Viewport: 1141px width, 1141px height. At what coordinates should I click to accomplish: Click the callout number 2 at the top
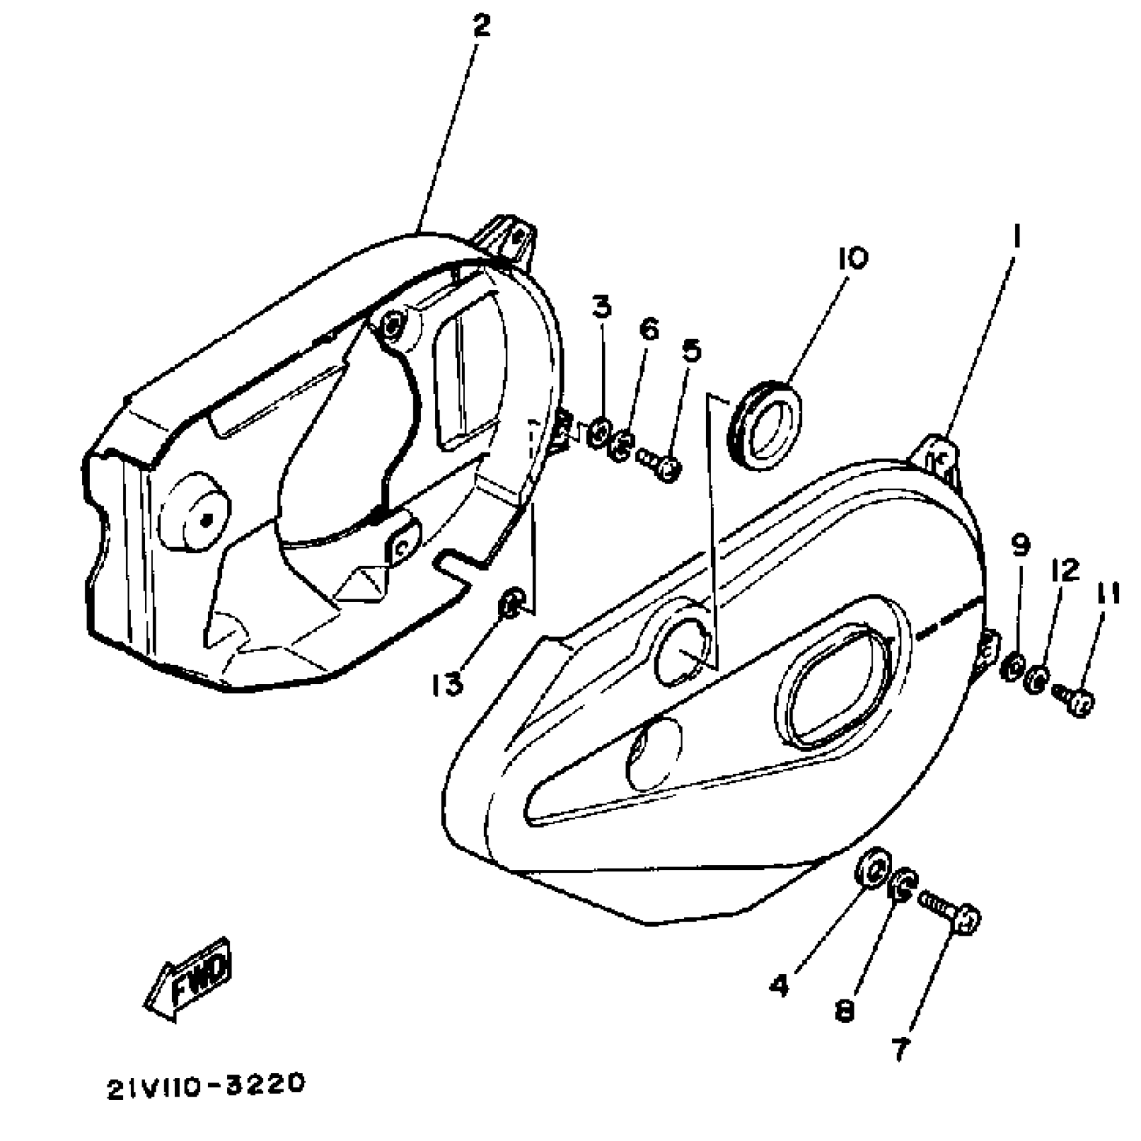coord(481,26)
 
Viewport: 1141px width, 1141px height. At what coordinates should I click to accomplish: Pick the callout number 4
coord(779,985)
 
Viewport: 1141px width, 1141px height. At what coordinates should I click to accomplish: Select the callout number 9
coord(1020,546)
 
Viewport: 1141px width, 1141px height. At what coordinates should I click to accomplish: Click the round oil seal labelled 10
coord(766,424)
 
